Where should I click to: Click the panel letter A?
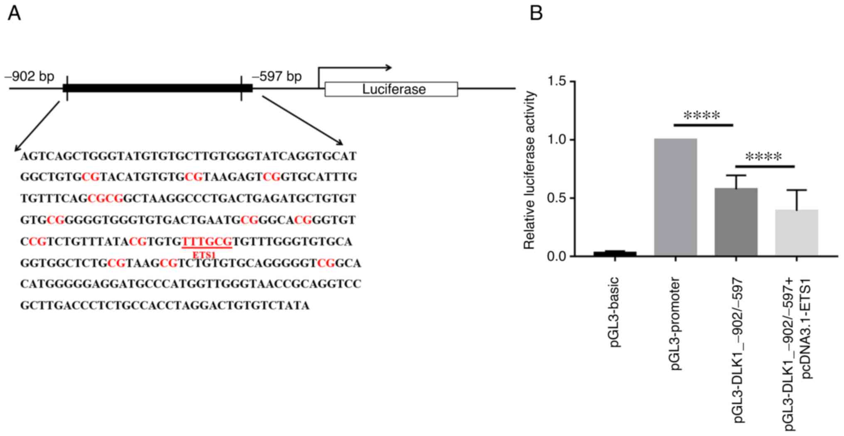[x=14, y=13]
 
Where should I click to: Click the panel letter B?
[x=536, y=13]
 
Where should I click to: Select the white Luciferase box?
[x=391, y=89]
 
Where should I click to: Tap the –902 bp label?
[x=30, y=76]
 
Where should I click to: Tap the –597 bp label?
[x=277, y=76]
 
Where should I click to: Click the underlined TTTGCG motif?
[x=207, y=242]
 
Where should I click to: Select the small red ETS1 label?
[x=204, y=254]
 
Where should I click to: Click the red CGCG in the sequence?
[x=106, y=199]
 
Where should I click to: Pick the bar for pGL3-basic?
[x=615, y=253]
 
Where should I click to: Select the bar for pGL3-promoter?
[x=675, y=197]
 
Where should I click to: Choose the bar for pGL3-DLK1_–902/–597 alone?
[x=736, y=222]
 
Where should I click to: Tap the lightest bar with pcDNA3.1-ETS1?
[x=797, y=233]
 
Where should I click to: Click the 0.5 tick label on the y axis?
[x=557, y=198]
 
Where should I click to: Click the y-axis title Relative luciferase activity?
[x=529, y=170]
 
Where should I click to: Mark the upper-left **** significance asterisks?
[x=702, y=115]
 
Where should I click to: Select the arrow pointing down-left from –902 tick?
[x=37, y=127]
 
